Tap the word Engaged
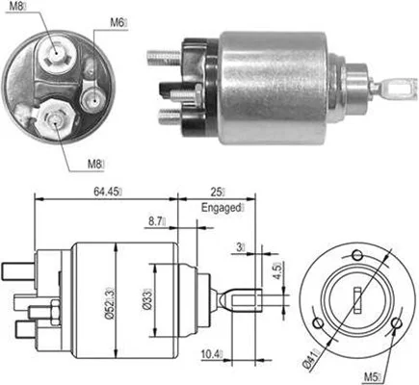click(x=224, y=207)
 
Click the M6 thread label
click(x=118, y=20)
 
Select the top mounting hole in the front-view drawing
click(x=355, y=255)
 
